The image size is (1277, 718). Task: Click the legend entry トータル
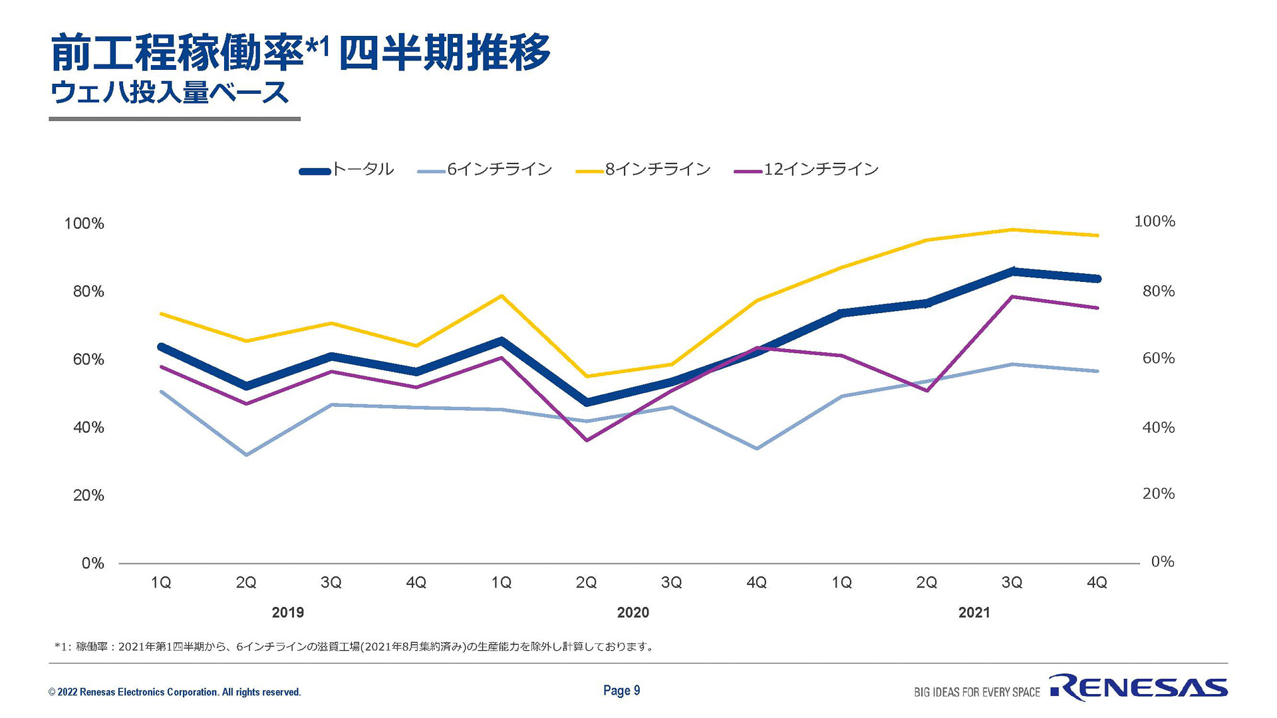pyautogui.click(x=347, y=170)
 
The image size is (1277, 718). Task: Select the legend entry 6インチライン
pyautogui.click(x=486, y=170)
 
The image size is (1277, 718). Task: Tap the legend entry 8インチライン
pyautogui.click(x=644, y=170)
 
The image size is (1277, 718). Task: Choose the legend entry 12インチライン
pyautogui.click(x=807, y=170)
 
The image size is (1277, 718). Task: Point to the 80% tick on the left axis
pyautogui.click(x=88, y=291)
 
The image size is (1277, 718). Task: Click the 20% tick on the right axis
pyautogui.click(x=1158, y=493)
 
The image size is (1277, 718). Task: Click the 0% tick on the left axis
pyautogui.click(x=92, y=563)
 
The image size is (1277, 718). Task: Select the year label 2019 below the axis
pyautogui.click(x=287, y=612)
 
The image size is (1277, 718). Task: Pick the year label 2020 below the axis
pyautogui.click(x=633, y=612)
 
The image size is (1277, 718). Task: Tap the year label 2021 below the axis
pyautogui.click(x=974, y=612)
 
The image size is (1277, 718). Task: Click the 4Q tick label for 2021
pyautogui.click(x=1097, y=582)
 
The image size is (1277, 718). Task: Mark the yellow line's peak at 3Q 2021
pyautogui.click(x=1012, y=229)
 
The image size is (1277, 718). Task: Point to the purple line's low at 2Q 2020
pyautogui.click(x=587, y=440)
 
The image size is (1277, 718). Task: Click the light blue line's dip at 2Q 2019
pyautogui.click(x=246, y=455)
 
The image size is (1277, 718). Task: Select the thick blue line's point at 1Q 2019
pyautogui.click(x=161, y=346)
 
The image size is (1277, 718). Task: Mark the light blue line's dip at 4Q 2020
pyautogui.click(x=757, y=448)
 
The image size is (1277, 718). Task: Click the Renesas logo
pyautogui.click(x=1138, y=688)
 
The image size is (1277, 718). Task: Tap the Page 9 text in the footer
pyautogui.click(x=621, y=690)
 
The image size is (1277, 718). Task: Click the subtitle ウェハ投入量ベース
pyautogui.click(x=170, y=92)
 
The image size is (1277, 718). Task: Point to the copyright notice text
pyautogui.click(x=174, y=692)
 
